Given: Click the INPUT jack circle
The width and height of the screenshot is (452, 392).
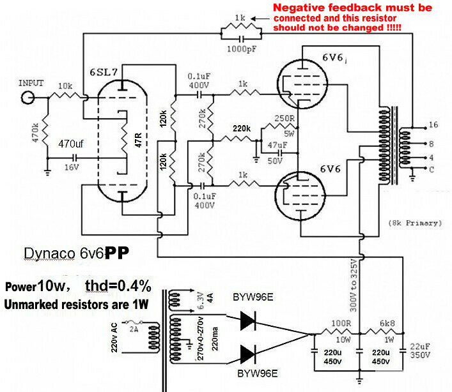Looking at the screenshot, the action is [x=28, y=98].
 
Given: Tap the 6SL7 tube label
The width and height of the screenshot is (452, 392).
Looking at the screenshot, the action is [x=104, y=72].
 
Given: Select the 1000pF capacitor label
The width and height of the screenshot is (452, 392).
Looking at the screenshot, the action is [x=242, y=49].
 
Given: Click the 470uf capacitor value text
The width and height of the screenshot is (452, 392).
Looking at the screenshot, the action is [x=71, y=144].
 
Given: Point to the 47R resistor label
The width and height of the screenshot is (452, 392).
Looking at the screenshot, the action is [x=138, y=140].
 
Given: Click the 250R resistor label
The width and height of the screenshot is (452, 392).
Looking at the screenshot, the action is [x=284, y=118].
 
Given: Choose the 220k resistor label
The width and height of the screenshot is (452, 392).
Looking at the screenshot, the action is [x=242, y=128].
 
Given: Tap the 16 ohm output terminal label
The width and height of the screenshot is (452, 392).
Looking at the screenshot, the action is [x=433, y=124].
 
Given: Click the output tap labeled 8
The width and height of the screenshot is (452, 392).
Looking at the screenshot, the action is [x=432, y=144].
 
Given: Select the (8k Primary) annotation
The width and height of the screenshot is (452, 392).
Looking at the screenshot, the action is [x=415, y=223].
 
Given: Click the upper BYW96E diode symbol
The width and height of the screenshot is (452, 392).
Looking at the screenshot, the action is [x=248, y=320].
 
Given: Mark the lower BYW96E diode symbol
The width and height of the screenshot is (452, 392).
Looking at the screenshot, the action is [x=248, y=354].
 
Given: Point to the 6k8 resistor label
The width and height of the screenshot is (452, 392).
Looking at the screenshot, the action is [x=387, y=324].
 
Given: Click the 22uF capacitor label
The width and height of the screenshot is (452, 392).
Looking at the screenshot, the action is [x=420, y=347].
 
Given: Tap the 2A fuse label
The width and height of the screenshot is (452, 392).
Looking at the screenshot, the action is [x=134, y=329].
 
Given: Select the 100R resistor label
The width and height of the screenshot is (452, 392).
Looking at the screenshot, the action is [x=341, y=324].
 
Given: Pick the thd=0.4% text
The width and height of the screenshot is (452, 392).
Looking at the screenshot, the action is [x=118, y=286].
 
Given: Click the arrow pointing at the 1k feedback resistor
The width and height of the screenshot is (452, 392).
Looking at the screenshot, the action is [x=261, y=19].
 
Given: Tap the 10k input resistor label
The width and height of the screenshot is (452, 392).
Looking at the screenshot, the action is [x=65, y=86].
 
